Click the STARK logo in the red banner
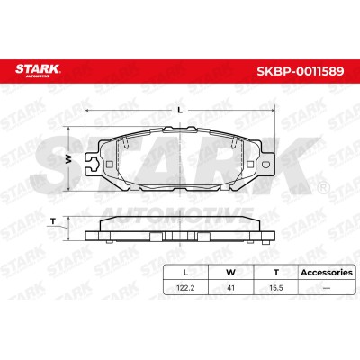tap(38, 70)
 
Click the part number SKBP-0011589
tap(300, 71)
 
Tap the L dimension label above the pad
tap(180, 110)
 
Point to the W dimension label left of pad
tap(69, 159)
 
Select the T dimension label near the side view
tap(53, 221)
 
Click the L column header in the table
tap(185, 273)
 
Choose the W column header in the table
tap(230, 273)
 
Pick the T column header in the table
tap(276, 273)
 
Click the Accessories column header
tap(327, 273)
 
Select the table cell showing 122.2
tap(185, 288)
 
